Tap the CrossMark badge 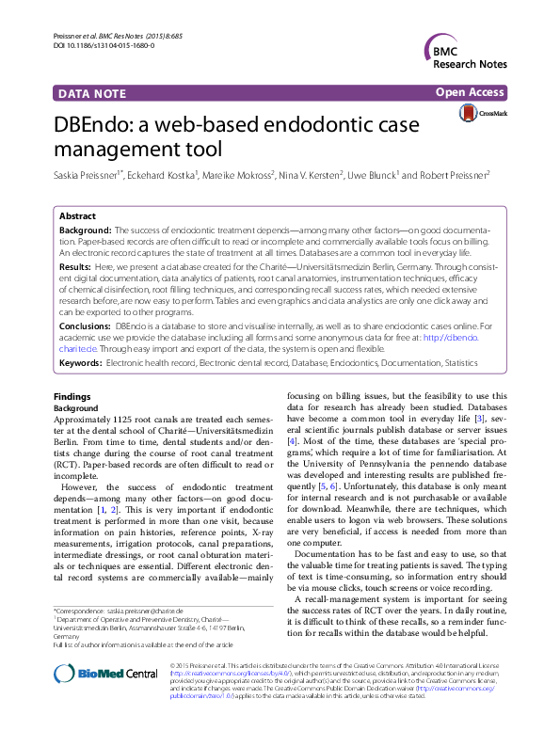pyautogui.click(x=481, y=114)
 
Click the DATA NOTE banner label pyautogui.click(x=95, y=94)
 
